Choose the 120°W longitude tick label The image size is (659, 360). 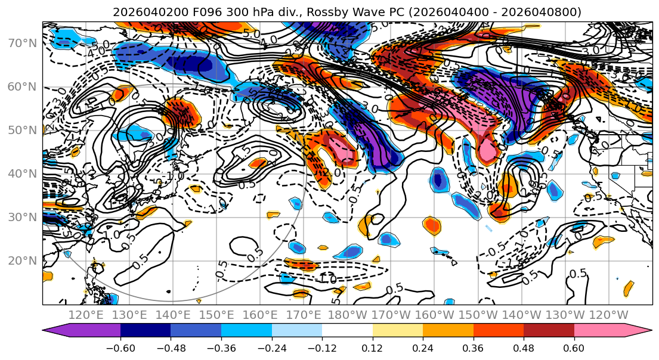click(x=609, y=315)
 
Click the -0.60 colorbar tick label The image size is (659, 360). click(x=120, y=347)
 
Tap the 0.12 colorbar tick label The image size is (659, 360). click(x=372, y=347)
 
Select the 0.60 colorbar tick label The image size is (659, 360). click(x=574, y=347)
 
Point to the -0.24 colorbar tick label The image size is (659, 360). click(x=271, y=347)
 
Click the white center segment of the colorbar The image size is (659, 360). click(x=347, y=331)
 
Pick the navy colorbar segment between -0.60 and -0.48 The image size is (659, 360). click(x=146, y=331)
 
